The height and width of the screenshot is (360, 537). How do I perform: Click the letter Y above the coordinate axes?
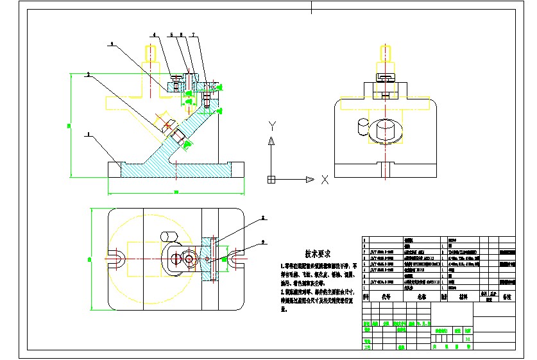(x=272, y=124)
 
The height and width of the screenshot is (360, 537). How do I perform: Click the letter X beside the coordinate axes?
(x=325, y=180)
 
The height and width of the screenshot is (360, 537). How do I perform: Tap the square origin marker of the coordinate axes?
(x=271, y=179)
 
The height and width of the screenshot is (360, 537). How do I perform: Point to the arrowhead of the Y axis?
(x=271, y=140)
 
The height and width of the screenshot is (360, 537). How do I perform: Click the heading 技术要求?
(x=318, y=253)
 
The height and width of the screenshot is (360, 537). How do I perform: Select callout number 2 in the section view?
(x=87, y=74)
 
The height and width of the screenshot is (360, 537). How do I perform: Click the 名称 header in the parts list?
(x=422, y=297)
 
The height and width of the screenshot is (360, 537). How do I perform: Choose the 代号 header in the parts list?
(x=386, y=297)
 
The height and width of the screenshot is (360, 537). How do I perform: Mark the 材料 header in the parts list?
(x=460, y=297)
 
